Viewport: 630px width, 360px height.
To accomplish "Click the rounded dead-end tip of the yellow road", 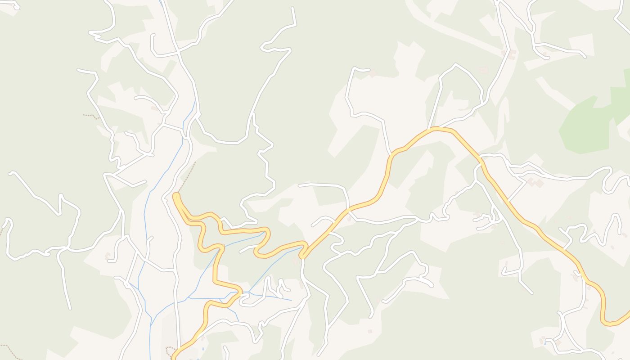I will pos(175,196).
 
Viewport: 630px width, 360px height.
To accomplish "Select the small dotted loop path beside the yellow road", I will pos(170,350).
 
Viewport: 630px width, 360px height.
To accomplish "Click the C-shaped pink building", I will pos(512,55).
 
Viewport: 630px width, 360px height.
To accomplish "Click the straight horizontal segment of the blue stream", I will pos(205,298).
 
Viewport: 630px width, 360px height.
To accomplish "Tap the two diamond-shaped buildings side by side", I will pos(535,183).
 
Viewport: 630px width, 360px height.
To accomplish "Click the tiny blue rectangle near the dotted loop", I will pos(203,349).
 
